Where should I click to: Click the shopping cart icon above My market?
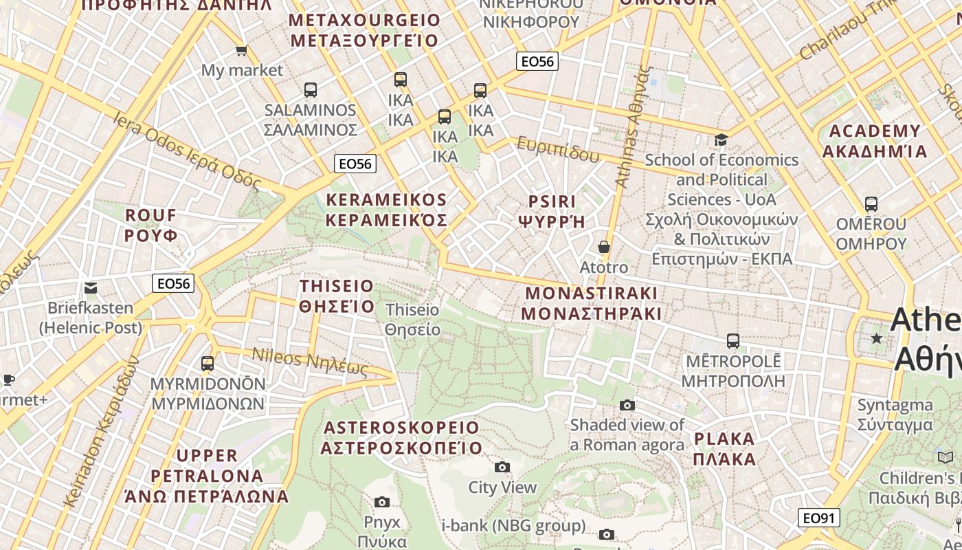[241, 50]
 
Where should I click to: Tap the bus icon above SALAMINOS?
[311, 90]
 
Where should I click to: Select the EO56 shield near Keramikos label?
[355, 164]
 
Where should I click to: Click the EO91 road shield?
[819, 518]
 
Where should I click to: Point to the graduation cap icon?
[721, 140]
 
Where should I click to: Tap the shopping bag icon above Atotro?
[604, 247]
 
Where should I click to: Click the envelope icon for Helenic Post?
[91, 288]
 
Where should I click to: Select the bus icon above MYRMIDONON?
[208, 364]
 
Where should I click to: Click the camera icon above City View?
[502, 467]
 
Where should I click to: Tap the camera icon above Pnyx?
[382, 503]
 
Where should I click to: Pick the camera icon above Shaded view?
[627, 405]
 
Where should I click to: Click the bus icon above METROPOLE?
[733, 341]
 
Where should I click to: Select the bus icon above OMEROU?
[871, 204]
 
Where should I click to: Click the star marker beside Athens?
[876, 338]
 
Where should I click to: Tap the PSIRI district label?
[552, 211]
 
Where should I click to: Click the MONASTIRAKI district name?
[592, 303]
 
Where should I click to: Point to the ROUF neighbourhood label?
[151, 225]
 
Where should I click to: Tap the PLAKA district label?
[724, 448]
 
